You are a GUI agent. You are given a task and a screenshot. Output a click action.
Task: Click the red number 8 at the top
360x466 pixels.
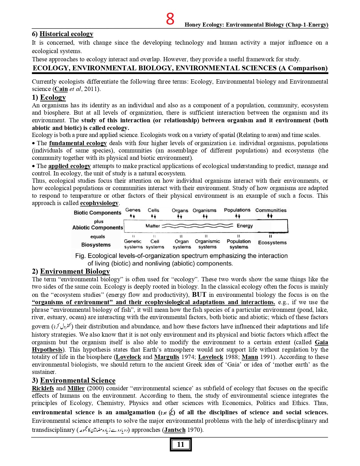tap(170, 19)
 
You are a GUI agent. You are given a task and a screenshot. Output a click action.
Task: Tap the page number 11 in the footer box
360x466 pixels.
tap(180, 445)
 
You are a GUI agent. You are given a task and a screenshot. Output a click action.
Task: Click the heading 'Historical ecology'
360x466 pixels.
tap(66, 34)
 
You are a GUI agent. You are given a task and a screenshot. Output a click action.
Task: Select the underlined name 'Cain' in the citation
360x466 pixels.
tap(61, 89)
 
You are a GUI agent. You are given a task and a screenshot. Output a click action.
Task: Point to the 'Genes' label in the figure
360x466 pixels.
tap(133, 210)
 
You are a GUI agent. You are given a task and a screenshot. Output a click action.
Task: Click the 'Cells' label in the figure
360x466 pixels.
tap(153, 210)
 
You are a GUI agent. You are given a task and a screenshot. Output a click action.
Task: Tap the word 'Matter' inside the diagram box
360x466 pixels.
tap(152, 226)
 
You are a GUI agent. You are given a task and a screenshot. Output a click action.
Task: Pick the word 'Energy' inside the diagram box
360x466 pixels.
tap(245, 226)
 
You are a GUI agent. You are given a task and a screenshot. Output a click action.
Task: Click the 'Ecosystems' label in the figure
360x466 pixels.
tap(272, 243)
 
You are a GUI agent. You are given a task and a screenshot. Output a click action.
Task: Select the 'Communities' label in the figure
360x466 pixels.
tap(271, 210)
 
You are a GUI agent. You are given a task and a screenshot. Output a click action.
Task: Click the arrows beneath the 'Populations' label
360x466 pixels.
tap(237, 216)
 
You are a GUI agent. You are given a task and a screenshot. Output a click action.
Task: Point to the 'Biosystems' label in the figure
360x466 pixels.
tap(96, 245)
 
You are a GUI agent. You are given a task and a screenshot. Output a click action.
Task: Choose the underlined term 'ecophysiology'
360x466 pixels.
tap(99, 203)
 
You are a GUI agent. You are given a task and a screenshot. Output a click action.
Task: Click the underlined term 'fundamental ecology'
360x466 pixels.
tap(78, 143)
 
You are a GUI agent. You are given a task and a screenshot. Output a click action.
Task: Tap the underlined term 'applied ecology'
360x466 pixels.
tap(69, 166)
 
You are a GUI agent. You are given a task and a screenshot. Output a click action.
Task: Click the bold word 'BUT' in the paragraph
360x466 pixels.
tap(199, 295)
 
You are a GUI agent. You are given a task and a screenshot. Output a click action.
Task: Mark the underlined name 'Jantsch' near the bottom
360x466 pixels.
tap(175, 430)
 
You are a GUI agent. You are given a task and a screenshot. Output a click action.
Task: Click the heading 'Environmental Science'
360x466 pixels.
tap(78, 380)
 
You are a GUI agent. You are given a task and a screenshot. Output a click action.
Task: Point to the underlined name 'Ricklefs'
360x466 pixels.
tap(43, 388)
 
